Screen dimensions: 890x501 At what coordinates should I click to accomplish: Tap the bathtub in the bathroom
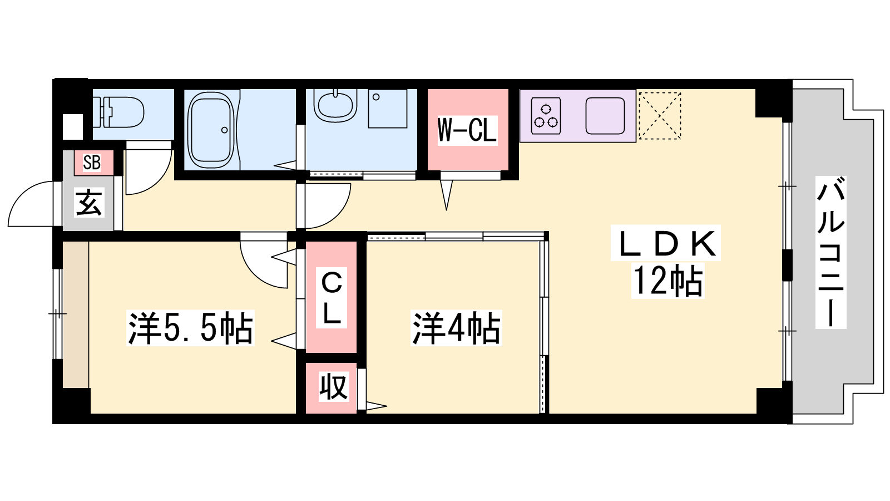click(x=211, y=130)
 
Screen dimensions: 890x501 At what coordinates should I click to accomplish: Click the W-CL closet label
click(x=467, y=130)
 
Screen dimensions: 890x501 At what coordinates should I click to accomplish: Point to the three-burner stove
click(x=546, y=116)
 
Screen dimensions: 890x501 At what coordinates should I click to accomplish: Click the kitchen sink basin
click(x=605, y=116)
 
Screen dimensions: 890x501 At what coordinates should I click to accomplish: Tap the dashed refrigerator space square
click(x=660, y=116)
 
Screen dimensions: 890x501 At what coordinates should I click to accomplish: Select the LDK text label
click(x=666, y=243)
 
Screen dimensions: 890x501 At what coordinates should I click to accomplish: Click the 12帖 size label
click(x=668, y=281)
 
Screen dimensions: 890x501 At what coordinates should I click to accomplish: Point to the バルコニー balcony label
click(x=831, y=253)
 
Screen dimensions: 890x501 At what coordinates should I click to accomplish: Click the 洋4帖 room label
click(x=456, y=328)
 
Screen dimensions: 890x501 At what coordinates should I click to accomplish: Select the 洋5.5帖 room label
click(x=190, y=328)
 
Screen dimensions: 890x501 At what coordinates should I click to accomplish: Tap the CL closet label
click(x=332, y=298)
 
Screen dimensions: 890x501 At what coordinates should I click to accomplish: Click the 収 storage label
click(x=334, y=386)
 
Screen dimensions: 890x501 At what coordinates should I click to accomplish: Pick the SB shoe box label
click(x=92, y=162)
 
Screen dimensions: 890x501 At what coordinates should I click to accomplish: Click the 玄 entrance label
click(x=90, y=203)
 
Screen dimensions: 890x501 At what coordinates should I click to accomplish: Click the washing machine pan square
click(x=387, y=109)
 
